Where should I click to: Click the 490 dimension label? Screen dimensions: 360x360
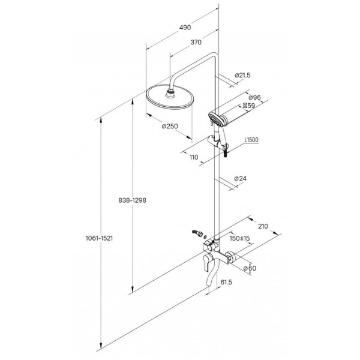pos(185,28)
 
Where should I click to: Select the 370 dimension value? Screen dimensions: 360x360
pos(196,42)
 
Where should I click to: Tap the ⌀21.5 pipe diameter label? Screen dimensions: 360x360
pos(242,75)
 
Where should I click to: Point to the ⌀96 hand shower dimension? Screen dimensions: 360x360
pos(254,97)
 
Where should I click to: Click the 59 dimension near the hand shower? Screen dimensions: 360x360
pos(249,106)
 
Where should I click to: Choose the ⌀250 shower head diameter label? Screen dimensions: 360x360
pos(170,126)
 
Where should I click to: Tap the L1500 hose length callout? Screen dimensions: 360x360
pos(251,140)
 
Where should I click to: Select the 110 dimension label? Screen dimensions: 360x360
pos(194,157)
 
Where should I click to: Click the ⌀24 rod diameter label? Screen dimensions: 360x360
pos(241,178)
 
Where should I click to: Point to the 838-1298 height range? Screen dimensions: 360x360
pos(132,200)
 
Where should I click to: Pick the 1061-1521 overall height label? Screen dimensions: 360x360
pos(99,238)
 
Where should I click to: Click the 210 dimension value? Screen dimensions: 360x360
pos(263,226)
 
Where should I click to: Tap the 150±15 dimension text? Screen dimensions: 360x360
pos(239,238)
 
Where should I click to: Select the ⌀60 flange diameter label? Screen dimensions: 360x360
pos(250,268)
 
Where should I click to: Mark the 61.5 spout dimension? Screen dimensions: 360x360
pos(226,282)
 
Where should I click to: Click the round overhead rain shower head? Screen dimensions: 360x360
pos(170,98)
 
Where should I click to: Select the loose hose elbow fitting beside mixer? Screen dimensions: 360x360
pos(197,233)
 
